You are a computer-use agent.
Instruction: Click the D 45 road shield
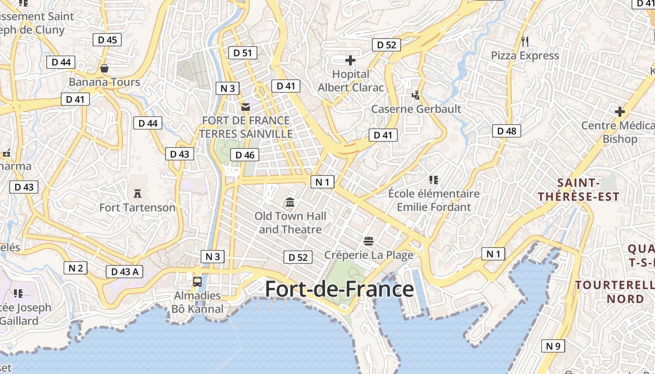click(x=107, y=40)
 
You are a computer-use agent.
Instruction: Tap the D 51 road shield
click(x=242, y=53)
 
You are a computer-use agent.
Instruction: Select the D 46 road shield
click(x=244, y=155)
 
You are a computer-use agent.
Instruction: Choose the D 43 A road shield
click(x=124, y=272)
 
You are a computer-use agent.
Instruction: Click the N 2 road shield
click(x=75, y=268)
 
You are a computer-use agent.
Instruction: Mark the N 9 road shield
click(x=553, y=346)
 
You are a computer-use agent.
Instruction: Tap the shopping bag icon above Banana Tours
click(x=104, y=69)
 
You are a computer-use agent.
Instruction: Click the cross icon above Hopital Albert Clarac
click(x=350, y=60)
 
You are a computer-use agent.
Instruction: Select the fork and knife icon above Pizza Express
click(x=524, y=42)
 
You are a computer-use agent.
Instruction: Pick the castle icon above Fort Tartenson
click(x=138, y=193)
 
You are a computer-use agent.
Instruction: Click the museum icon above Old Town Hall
click(x=290, y=202)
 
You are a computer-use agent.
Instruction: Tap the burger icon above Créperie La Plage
click(x=369, y=241)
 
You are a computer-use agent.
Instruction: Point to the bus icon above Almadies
click(x=197, y=282)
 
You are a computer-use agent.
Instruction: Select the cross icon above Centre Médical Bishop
click(x=620, y=112)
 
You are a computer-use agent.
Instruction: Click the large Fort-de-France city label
click(x=339, y=289)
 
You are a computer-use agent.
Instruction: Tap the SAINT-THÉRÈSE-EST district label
click(x=578, y=189)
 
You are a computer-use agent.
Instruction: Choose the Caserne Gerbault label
click(x=416, y=109)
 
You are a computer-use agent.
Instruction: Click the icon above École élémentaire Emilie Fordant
click(x=433, y=180)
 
